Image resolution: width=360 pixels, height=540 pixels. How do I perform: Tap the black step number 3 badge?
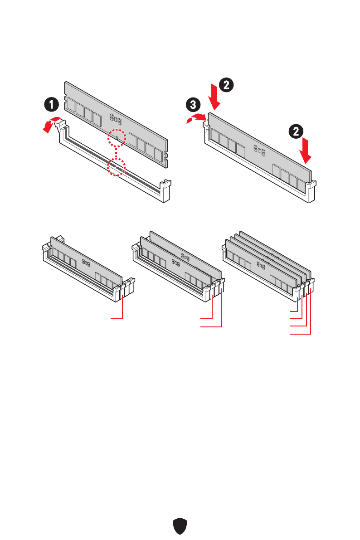pyautogui.click(x=194, y=105)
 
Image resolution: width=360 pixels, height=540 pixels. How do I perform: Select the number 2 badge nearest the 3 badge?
pyautogui.click(x=227, y=84)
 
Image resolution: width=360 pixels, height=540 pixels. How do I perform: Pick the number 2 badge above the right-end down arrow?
pyautogui.click(x=296, y=132)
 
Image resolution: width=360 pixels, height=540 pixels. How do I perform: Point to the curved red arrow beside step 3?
pyautogui.click(x=196, y=118)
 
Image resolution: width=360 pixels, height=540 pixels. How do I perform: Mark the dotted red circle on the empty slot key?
pyautogui.click(x=116, y=168)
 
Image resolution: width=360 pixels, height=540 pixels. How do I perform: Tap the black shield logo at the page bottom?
pyautogui.click(x=180, y=526)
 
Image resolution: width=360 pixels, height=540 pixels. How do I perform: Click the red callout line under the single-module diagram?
pyautogui.click(x=122, y=308)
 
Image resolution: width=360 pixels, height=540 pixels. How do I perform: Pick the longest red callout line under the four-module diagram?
pyautogui.click(x=311, y=317)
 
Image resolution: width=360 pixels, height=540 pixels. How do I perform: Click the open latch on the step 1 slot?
pyautogui.click(x=59, y=127)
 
